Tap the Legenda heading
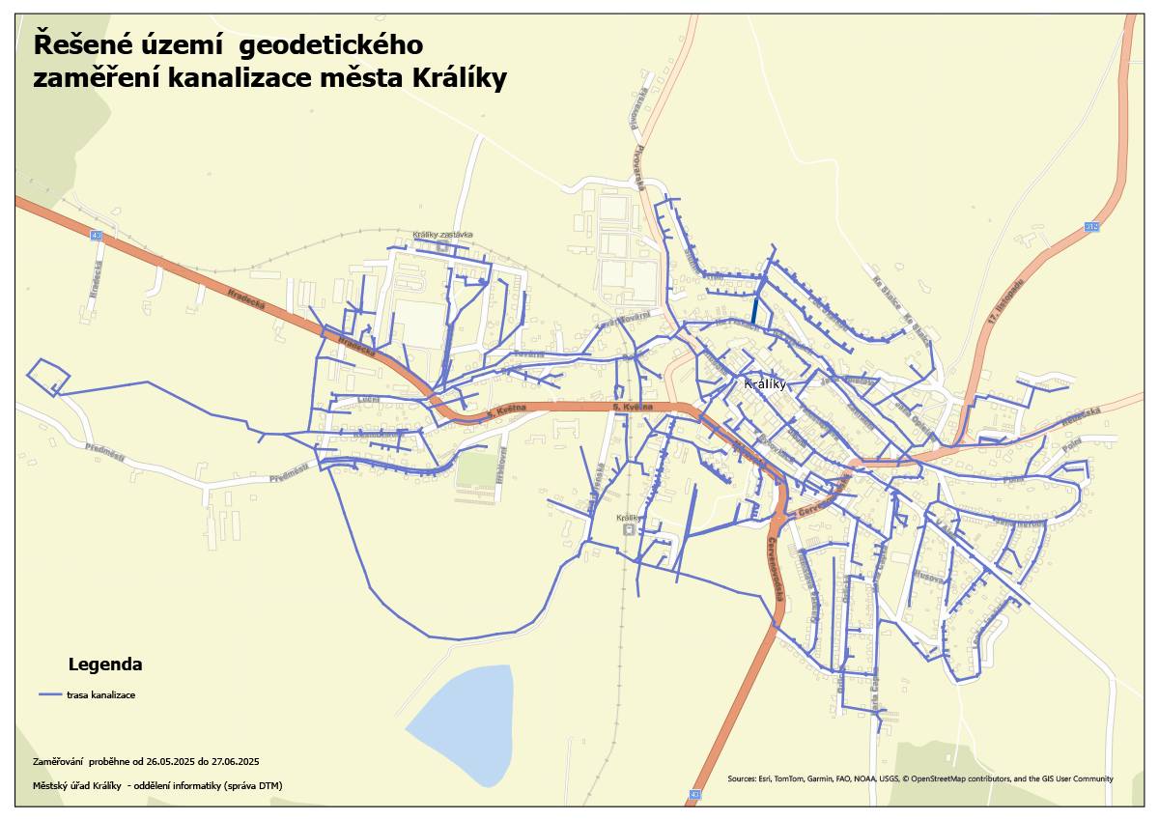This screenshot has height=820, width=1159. click(x=105, y=664)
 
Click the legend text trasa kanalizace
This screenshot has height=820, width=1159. click(x=100, y=695)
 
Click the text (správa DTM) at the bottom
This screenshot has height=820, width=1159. click(x=254, y=785)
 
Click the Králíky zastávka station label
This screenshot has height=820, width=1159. click(x=442, y=235)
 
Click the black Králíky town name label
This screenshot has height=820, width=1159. click(x=767, y=384)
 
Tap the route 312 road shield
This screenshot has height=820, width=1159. click(x=1091, y=226)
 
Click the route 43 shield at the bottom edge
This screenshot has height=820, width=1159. click(x=693, y=795)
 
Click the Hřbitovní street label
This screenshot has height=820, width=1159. click(x=501, y=466)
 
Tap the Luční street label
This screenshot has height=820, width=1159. click(x=368, y=400)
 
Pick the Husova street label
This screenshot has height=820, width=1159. click(x=929, y=576)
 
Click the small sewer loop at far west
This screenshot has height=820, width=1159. click(x=47, y=376)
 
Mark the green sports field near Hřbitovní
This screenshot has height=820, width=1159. click(x=474, y=469)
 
